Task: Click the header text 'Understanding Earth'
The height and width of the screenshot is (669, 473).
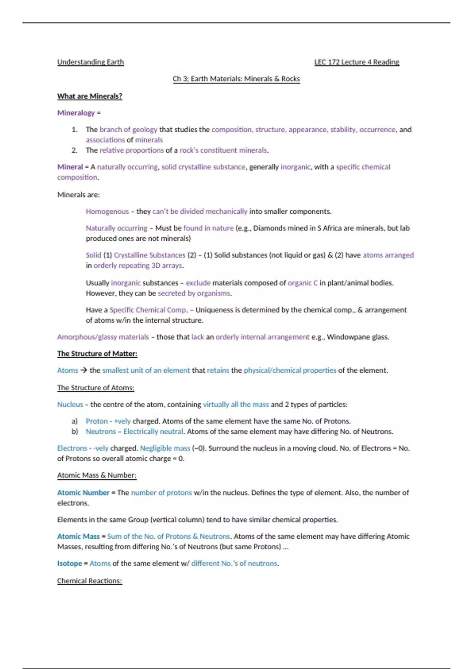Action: point(90,62)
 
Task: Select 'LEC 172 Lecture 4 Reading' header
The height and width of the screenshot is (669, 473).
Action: point(356,62)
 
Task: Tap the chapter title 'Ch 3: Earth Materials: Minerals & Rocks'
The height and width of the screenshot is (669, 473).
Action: point(236,79)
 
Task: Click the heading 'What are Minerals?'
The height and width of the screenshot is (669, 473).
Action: point(89,96)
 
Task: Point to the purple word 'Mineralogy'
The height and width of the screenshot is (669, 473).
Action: point(76,113)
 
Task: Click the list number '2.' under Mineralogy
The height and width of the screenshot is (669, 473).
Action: point(74,150)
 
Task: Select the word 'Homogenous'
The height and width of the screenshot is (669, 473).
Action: point(107,212)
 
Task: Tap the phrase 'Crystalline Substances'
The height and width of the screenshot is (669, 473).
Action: point(149,255)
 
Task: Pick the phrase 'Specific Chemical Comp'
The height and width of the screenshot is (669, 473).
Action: point(147,310)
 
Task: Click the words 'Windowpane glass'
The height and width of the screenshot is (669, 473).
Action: point(358,337)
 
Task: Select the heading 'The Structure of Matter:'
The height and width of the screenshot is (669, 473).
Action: point(97,354)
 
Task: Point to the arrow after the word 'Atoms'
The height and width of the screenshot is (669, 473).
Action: point(83,371)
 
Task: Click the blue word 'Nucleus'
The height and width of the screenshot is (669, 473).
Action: point(70,405)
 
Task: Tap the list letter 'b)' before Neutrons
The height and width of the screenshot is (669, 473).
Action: point(75,432)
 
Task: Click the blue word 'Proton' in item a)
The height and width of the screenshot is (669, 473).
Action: point(97,421)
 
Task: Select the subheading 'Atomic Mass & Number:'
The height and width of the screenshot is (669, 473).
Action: point(97,475)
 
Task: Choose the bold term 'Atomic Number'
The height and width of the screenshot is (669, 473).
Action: point(83,493)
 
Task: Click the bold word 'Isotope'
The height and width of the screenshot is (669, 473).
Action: point(69,564)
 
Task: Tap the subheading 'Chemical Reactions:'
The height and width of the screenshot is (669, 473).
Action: point(89,581)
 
